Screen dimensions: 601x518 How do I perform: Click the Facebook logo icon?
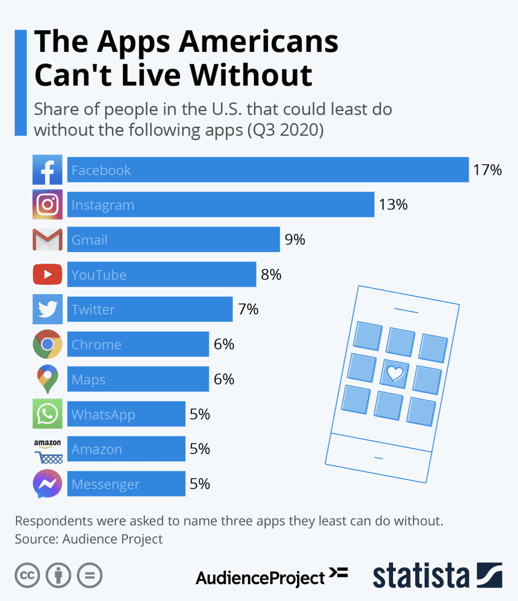click(47, 170)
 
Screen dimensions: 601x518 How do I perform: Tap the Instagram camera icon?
click(47, 204)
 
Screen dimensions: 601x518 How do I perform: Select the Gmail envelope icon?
click(47, 239)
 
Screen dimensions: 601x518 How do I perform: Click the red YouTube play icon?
click(47, 274)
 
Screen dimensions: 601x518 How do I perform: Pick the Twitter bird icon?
click(47, 309)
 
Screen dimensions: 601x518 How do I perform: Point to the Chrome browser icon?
click(47, 344)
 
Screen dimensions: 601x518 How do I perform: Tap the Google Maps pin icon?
click(47, 379)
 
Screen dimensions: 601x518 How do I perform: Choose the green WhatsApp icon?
click(47, 414)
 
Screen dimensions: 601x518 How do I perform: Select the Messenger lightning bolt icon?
click(47, 483)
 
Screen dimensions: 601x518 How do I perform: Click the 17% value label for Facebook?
click(487, 170)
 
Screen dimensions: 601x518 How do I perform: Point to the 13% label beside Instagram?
click(393, 205)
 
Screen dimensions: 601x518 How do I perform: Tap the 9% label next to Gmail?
click(295, 239)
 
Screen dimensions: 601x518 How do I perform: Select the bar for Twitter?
click(150, 309)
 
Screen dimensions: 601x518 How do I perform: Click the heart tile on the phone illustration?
click(395, 373)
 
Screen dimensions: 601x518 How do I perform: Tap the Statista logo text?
click(421, 576)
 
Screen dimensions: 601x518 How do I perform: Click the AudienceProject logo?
click(271, 577)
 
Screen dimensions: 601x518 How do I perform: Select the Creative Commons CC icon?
click(27, 575)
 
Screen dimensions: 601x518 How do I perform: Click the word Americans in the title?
click(259, 42)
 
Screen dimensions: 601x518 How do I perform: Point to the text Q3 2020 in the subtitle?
click(285, 130)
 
